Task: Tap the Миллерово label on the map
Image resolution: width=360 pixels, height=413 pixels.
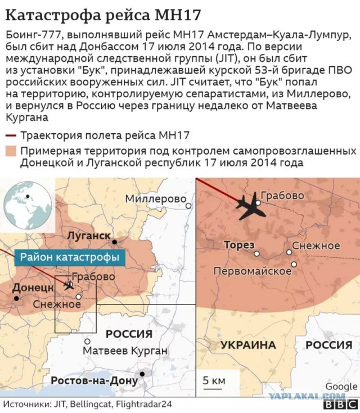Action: coord(155,199)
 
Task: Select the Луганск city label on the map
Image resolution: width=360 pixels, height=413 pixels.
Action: coord(88,236)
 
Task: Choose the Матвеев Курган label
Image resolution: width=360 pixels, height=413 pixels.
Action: coord(125,351)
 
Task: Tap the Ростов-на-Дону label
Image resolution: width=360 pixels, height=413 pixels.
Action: coord(94,380)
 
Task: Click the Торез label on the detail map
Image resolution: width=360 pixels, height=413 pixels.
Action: coord(239,246)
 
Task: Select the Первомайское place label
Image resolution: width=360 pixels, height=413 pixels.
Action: coord(252,271)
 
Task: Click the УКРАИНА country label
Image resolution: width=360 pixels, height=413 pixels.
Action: coord(247,344)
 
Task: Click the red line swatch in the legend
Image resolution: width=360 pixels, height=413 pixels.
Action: coord(10,135)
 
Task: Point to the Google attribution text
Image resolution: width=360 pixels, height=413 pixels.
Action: coord(341,387)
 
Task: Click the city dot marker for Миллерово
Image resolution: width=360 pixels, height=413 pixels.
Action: coord(189,206)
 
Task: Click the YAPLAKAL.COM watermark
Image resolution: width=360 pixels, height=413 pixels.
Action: coord(315,396)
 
